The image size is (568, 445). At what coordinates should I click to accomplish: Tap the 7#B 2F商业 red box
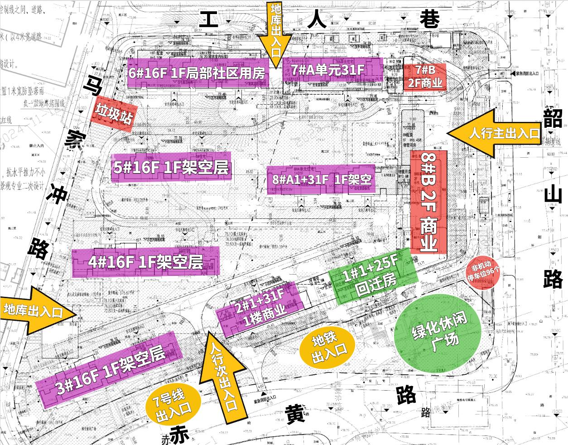[x=424, y=76]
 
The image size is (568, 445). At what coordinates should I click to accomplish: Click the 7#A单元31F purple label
[x=332, y=70]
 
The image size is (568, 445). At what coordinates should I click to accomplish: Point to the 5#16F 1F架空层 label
[x=171, y=167]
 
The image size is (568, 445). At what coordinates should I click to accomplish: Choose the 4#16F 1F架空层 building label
[x=145, y=262]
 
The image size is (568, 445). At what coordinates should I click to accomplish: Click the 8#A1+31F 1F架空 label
[x=321, y=179]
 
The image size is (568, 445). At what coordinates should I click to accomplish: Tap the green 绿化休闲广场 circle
[x=432, y=334]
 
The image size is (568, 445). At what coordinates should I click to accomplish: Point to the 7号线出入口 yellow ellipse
[x=173, y=404]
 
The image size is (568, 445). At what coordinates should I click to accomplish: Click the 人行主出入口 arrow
[x=494, y=133]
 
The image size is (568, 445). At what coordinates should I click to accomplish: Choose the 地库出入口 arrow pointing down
[x=276, y=34]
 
